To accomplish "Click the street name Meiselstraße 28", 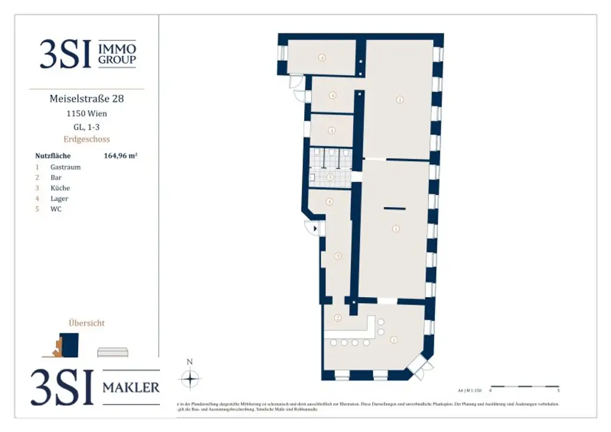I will [87, 99].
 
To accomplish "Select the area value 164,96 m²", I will [121, 156].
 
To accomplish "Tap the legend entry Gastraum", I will [65, 167].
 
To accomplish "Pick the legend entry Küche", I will [60, 188].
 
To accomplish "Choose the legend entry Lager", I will [59, 199].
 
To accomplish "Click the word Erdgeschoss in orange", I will [87, 139].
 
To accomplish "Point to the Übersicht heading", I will [87, 323].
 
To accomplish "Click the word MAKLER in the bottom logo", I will [131, 387].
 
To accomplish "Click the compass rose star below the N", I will [190, 379].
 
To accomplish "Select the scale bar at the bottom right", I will [524, 387].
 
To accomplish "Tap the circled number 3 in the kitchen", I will [338, 257].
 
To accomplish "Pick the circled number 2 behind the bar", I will [338, 318].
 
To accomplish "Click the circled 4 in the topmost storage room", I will [322, 58].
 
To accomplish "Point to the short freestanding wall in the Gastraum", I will [394, 208].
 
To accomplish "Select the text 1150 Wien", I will [87, 113].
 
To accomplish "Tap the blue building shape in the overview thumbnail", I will [70, 344].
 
